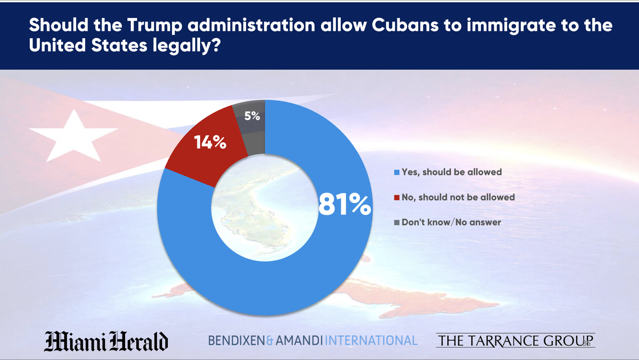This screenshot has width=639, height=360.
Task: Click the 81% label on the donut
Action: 344,205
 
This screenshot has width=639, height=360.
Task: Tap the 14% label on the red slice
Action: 210,142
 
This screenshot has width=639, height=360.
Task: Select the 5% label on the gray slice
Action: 252,116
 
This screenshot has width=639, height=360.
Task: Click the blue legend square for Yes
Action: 397,172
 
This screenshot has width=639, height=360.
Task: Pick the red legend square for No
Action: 397,197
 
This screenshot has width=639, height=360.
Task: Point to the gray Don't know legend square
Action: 397,223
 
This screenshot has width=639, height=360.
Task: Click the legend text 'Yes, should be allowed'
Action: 452,172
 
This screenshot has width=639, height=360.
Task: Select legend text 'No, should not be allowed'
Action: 458,197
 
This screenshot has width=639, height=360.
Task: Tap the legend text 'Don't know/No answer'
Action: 451,223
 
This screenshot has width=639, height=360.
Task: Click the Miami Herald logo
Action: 106,340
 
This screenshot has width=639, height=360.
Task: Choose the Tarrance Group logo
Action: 515,340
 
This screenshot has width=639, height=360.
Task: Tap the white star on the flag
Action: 73,135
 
